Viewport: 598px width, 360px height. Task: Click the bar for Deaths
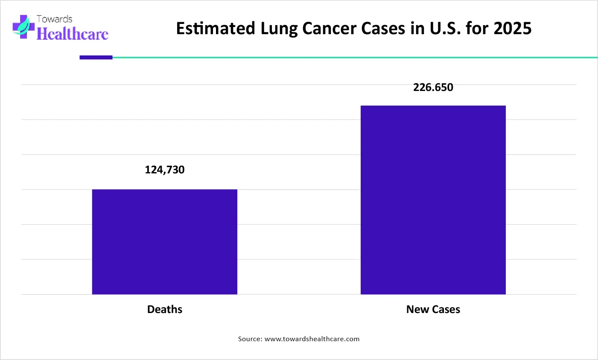(164, 242)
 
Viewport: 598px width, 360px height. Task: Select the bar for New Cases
(433, 200)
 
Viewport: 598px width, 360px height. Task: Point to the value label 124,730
(165, 170)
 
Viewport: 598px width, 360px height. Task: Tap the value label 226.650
(433, 88)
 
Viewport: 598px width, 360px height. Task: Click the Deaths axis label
(165, 310)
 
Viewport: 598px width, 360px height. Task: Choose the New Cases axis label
(433, 310)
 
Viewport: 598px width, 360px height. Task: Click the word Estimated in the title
(216, 29)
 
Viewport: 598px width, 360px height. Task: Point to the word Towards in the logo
(54, 19)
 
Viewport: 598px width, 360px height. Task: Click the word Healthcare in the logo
(73, 34)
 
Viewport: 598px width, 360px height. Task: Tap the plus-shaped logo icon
(23, 27)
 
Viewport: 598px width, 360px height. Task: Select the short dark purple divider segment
(96, 57)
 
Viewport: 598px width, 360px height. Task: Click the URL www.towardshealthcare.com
(312, 339)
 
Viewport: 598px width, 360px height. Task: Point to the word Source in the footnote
(250, 339)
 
